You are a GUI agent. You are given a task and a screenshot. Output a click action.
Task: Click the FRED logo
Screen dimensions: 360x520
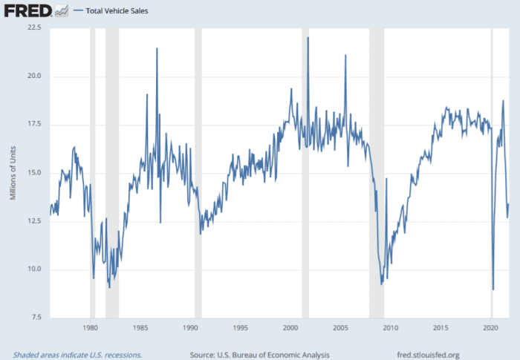[28, 10]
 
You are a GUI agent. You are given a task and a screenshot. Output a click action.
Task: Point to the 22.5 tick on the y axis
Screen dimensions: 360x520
[35, 28]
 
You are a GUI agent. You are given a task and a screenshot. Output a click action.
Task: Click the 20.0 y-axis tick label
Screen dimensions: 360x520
[35, 76]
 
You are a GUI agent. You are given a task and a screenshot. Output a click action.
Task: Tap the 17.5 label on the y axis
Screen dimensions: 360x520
[35, 125]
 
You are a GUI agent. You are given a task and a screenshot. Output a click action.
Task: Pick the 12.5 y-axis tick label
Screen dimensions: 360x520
[35, 221]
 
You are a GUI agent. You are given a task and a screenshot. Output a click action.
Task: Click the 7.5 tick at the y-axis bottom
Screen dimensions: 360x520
[37, 318]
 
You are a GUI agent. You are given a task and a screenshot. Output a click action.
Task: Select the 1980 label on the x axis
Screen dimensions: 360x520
[90, 327]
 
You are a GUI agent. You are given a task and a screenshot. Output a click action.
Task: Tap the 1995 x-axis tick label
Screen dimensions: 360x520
[240, 327]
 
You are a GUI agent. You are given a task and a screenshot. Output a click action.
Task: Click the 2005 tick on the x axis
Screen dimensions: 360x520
[340, 327]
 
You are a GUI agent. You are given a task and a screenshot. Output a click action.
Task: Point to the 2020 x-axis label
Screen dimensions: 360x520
[490, 327]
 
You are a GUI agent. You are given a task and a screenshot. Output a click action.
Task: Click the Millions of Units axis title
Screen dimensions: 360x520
[13, 173]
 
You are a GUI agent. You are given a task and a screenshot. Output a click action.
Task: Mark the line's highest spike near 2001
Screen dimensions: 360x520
[308, 37]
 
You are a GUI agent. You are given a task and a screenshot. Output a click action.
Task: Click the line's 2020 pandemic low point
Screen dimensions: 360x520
[493, 289]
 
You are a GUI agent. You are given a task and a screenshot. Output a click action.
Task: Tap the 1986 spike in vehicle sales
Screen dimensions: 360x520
[157, 49]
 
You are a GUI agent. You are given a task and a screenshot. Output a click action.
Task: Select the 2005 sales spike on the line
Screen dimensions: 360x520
[345, 56]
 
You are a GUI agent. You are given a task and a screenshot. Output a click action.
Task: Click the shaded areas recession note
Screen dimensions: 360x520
[77, 354]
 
